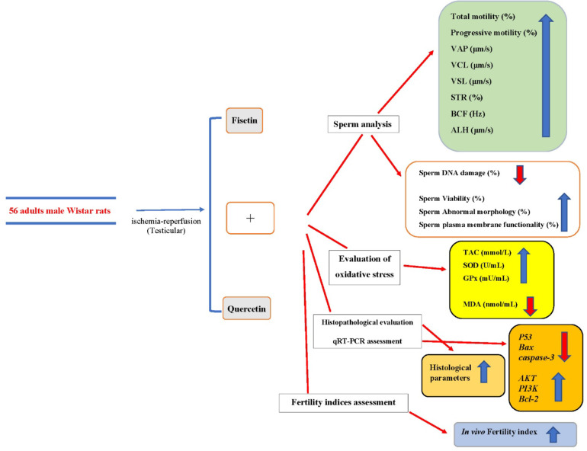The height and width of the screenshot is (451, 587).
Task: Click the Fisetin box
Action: pyautogui.click(x=245, y=120)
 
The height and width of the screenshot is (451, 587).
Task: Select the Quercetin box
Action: pyautogui.click(x=247, y=309)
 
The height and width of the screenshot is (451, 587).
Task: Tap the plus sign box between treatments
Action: pyautogui.click(x=250, y=218)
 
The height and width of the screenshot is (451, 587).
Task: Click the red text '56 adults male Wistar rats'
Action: pyautogui.click(x=60, y=210)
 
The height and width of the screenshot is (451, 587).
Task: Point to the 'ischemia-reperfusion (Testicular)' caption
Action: pyautogui.click(x=166, y=225)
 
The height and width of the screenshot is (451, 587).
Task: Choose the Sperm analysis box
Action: pyautogui.click(x=363, y=124)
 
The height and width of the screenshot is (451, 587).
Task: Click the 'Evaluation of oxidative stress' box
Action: pyautogui.click(x=364, y=267)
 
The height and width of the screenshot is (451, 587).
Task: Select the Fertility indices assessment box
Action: pyautogui.click(x=343, y=402)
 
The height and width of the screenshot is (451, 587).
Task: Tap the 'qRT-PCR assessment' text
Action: pyautogui.click(x=367, y=341)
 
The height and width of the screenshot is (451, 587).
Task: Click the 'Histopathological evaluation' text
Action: pyautogui.click(x=367, y=322)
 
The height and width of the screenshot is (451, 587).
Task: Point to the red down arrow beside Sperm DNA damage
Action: pyautogui.click(x=520, y=174)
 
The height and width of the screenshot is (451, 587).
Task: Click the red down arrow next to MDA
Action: pyautogui.click(x=530, y=306)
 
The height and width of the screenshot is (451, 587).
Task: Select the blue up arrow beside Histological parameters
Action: pyautogui.click(x=484, y=371)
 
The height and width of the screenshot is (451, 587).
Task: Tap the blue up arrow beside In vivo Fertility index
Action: pyautogui.click(x=553, y=434)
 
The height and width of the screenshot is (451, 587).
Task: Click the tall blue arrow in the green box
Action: pyautogui.click(x=546, y=75)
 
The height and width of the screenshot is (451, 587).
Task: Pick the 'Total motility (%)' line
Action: pyautogui.click(x=483, y=17)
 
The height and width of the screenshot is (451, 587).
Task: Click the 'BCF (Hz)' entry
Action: pyautogui.click(x=468, y=114)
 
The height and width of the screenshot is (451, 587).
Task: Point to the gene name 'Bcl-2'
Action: pyautogui.click(x=528, y=399)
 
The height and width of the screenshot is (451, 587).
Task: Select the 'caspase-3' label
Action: pyautogui.click(x=536, y=357)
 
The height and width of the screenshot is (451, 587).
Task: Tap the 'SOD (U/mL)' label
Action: pyautogui.click(x=483, y=266)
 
